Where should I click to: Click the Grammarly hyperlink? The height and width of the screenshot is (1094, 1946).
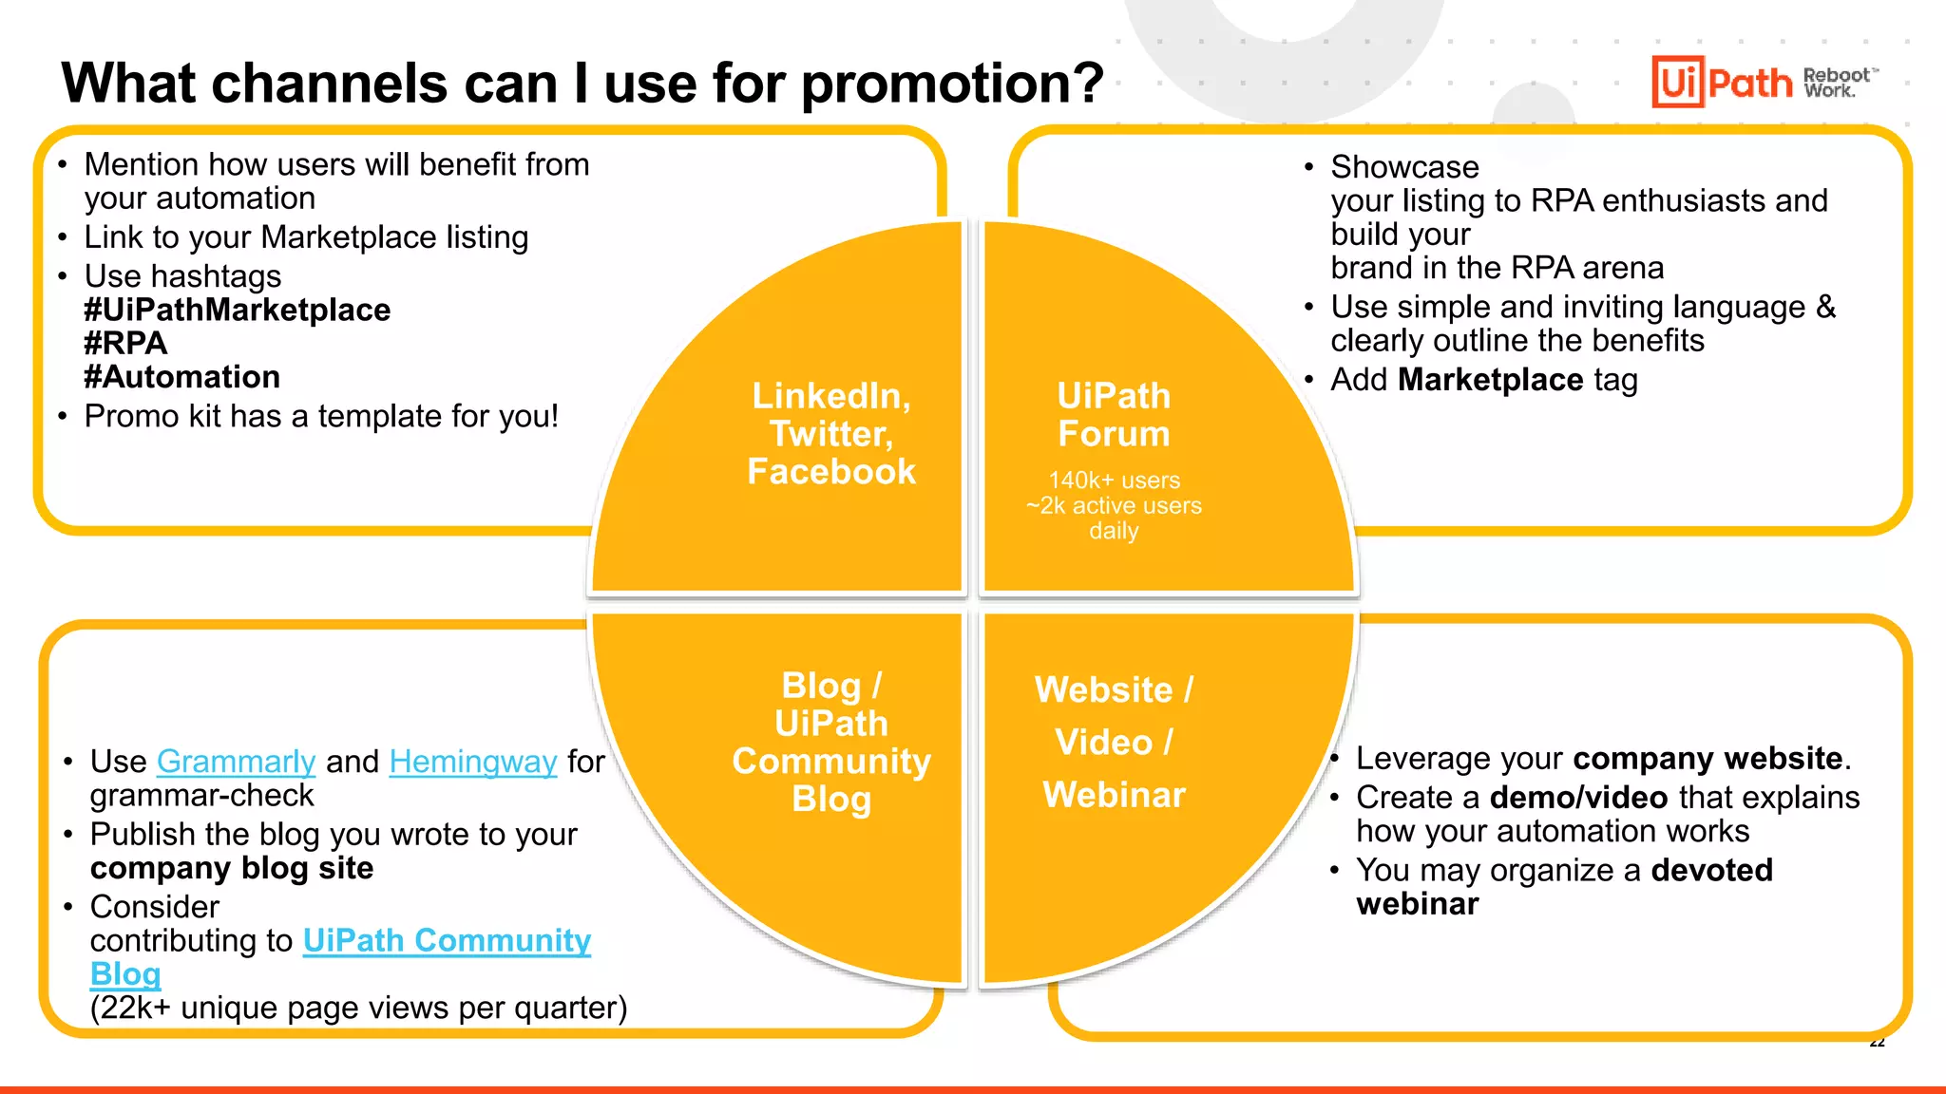pos(236,762)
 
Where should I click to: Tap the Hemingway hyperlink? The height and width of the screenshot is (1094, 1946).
pos(472,762)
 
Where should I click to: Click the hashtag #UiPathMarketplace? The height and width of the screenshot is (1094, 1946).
pos(237,310)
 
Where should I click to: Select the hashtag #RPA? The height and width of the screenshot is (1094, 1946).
pos(125,343)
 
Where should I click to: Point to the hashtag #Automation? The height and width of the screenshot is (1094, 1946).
pos(181,377)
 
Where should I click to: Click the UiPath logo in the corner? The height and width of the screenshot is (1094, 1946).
pos(1722,83)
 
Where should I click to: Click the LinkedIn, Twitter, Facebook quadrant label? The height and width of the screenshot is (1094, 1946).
pos(831,434)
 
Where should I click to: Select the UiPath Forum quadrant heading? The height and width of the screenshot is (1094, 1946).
pos(1114,415)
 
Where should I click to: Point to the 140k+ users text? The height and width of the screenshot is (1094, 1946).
pos(1114,481)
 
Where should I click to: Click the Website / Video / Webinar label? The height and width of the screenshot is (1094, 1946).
pos(1114,742)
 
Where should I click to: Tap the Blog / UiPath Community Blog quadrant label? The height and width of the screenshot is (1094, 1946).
pos(831,742)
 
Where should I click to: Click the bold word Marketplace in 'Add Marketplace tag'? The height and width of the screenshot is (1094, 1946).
pos(1490,380)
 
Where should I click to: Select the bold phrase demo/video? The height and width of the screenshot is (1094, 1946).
pos(1578,798)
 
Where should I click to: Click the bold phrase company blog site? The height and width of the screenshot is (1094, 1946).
pos(232,868)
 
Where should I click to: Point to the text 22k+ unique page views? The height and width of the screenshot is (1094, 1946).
pos(358,1008)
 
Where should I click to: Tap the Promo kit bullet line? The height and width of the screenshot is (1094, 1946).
pos(321,416)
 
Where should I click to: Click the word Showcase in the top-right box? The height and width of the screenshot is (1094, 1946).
pos(1404,167)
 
